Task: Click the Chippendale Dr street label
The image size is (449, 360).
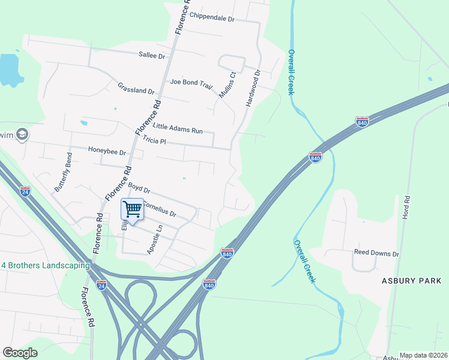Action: [x=211, y=19]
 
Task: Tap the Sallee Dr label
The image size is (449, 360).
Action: [x=151, y=56]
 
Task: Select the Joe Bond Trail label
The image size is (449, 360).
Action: [x=191, y=84]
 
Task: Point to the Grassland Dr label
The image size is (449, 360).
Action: [x=136, y=89]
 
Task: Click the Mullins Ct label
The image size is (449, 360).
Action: [x=227, y=82]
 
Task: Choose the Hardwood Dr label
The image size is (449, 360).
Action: [x=253, y=88]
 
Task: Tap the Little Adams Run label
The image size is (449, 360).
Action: [x=178, y=127]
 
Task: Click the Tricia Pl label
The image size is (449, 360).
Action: [x=154, y=141]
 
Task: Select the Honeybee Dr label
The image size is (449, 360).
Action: [x=107, y=151]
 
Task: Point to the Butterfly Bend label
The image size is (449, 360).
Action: [x=63, y=172]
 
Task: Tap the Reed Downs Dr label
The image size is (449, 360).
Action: [x=376, y=254]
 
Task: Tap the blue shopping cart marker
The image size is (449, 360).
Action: [x=132, y=209]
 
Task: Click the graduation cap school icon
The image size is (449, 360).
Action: [x=22, y=134]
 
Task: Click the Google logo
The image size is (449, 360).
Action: [x=20, y=353]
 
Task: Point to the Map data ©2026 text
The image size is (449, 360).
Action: [x=423, y=355]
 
